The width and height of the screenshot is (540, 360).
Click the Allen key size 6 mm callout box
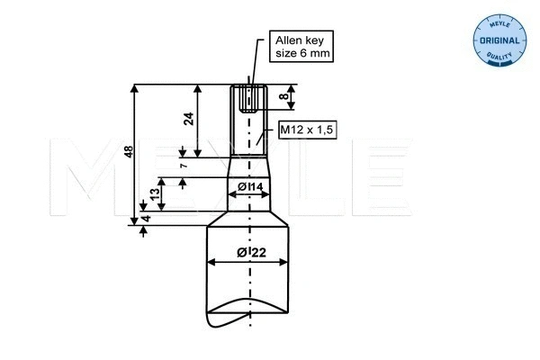[x=301, y=48]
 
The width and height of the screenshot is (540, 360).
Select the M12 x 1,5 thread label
[x=306, y=130]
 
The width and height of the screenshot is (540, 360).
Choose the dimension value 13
[x=156, y=193]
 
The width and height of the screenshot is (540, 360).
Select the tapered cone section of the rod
[x=248, y=165]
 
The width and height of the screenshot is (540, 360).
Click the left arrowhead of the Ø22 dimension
[x=212, y=262]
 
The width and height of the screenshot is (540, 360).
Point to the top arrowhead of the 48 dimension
[x=135, y=88]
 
